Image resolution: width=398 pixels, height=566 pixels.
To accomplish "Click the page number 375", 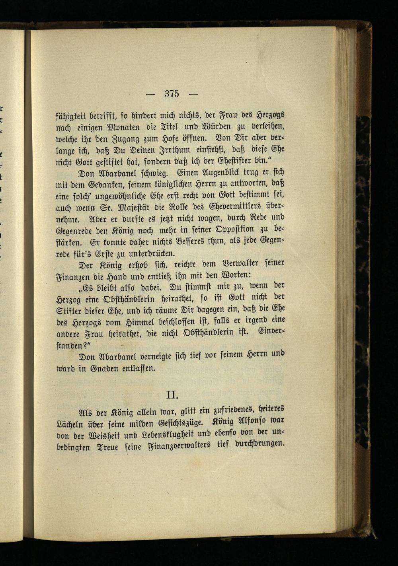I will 172,94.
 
